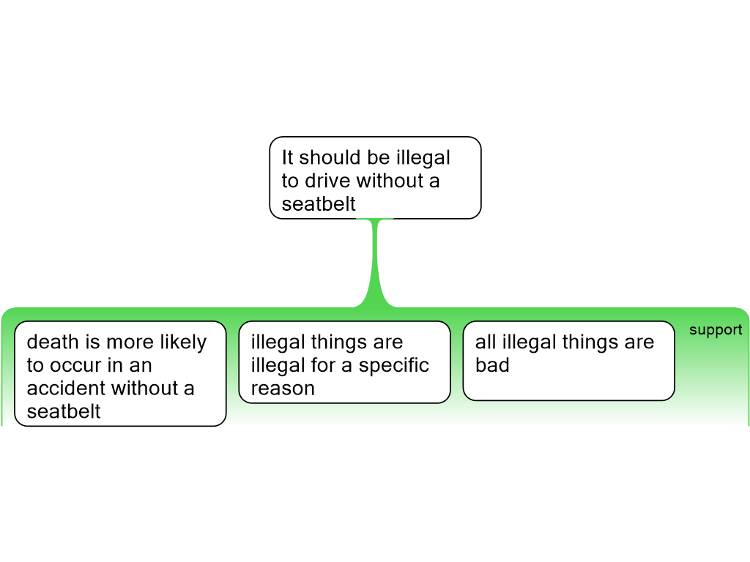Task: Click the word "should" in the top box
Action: (x=330, y=157)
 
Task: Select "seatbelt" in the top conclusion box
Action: (x=319, y=204)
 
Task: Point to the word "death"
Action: (x=53, y=342)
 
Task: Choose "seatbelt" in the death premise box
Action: (x=64, y=411)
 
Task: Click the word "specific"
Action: (x=393, y=366)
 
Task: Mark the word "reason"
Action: (x=283, y=389)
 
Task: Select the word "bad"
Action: (x=492, y=365)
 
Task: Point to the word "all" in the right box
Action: (x=486, y=342)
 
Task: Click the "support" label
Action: (x=716, y=330)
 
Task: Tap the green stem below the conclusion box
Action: (x=376, y=263)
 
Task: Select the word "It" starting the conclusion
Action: (x=287, y=157)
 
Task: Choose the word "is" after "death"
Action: (x=93, y=342)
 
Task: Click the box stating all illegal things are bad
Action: (x=568, y=361)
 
